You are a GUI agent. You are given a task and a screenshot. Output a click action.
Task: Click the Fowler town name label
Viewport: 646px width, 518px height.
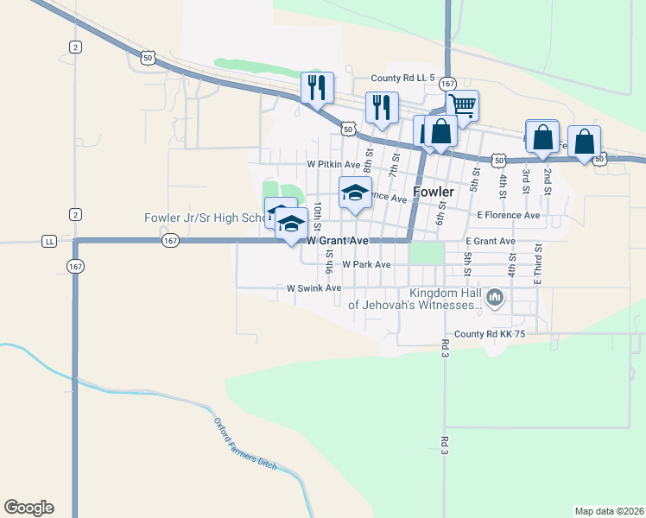point(434,192)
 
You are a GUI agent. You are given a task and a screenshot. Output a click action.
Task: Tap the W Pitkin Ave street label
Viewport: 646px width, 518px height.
point(333,164)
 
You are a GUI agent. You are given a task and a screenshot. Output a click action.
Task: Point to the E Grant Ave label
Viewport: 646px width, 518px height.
point(490,242)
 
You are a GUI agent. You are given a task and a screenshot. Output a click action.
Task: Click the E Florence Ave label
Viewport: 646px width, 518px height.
point(508,215)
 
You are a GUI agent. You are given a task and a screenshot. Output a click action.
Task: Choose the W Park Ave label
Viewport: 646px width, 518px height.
point(366,264)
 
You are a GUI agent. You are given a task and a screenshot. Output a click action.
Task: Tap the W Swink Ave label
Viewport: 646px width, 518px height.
point(314,288)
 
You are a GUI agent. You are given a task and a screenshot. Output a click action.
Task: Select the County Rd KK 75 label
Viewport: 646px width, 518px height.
point(490,333)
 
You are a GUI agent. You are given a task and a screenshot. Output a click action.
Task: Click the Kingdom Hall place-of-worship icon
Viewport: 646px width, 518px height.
point(495,299)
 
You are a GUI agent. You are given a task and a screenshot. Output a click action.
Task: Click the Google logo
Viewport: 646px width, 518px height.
point(28,508)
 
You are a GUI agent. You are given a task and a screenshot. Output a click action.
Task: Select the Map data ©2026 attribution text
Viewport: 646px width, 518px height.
point(609,511)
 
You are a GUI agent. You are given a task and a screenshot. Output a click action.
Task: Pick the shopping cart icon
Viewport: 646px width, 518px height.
point(464,105)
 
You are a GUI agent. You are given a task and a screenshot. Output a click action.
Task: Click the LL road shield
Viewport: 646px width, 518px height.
point(49,242)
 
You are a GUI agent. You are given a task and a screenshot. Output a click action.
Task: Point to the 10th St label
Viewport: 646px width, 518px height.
point(318,212)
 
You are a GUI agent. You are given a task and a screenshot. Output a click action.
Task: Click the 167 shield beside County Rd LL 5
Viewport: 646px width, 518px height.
point(447,84)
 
